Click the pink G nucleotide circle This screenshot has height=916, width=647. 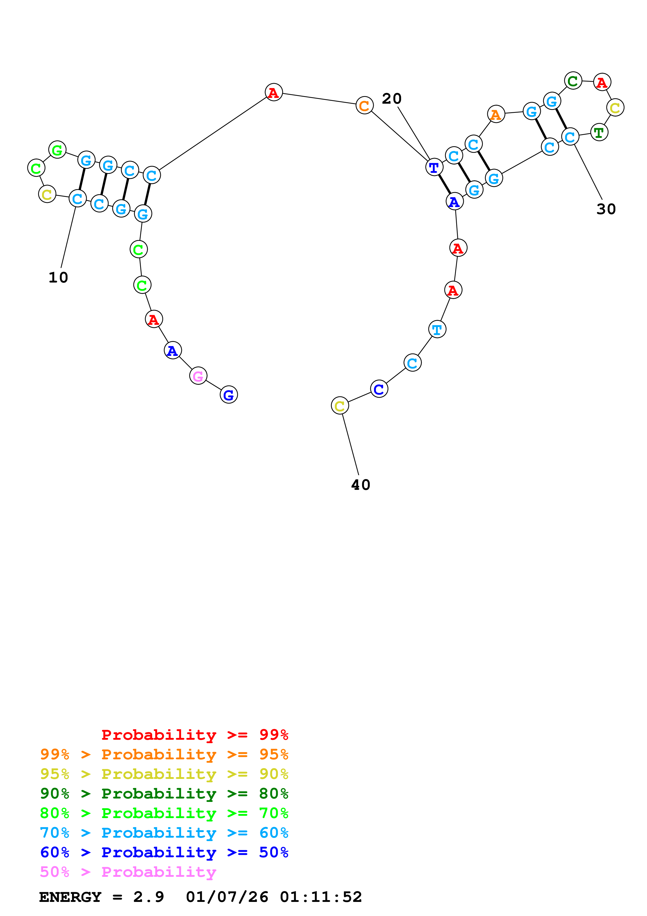coord(198,376)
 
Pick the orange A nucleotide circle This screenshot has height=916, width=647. coord(496,114)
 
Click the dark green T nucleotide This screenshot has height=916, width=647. coord(599,132)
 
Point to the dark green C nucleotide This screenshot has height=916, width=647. coord(573,81)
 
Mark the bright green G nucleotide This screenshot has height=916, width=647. coord(57,150)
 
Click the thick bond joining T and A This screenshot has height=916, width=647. coord(444,184)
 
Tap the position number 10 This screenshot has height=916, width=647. coord(58,278)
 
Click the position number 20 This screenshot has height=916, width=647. coord(391,98)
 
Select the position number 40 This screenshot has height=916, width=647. coord(361,485)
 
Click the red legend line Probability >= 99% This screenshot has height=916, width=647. coord(194,735)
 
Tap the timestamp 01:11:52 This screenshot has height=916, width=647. coord(321,897)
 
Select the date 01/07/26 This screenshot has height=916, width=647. coord(227,897)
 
